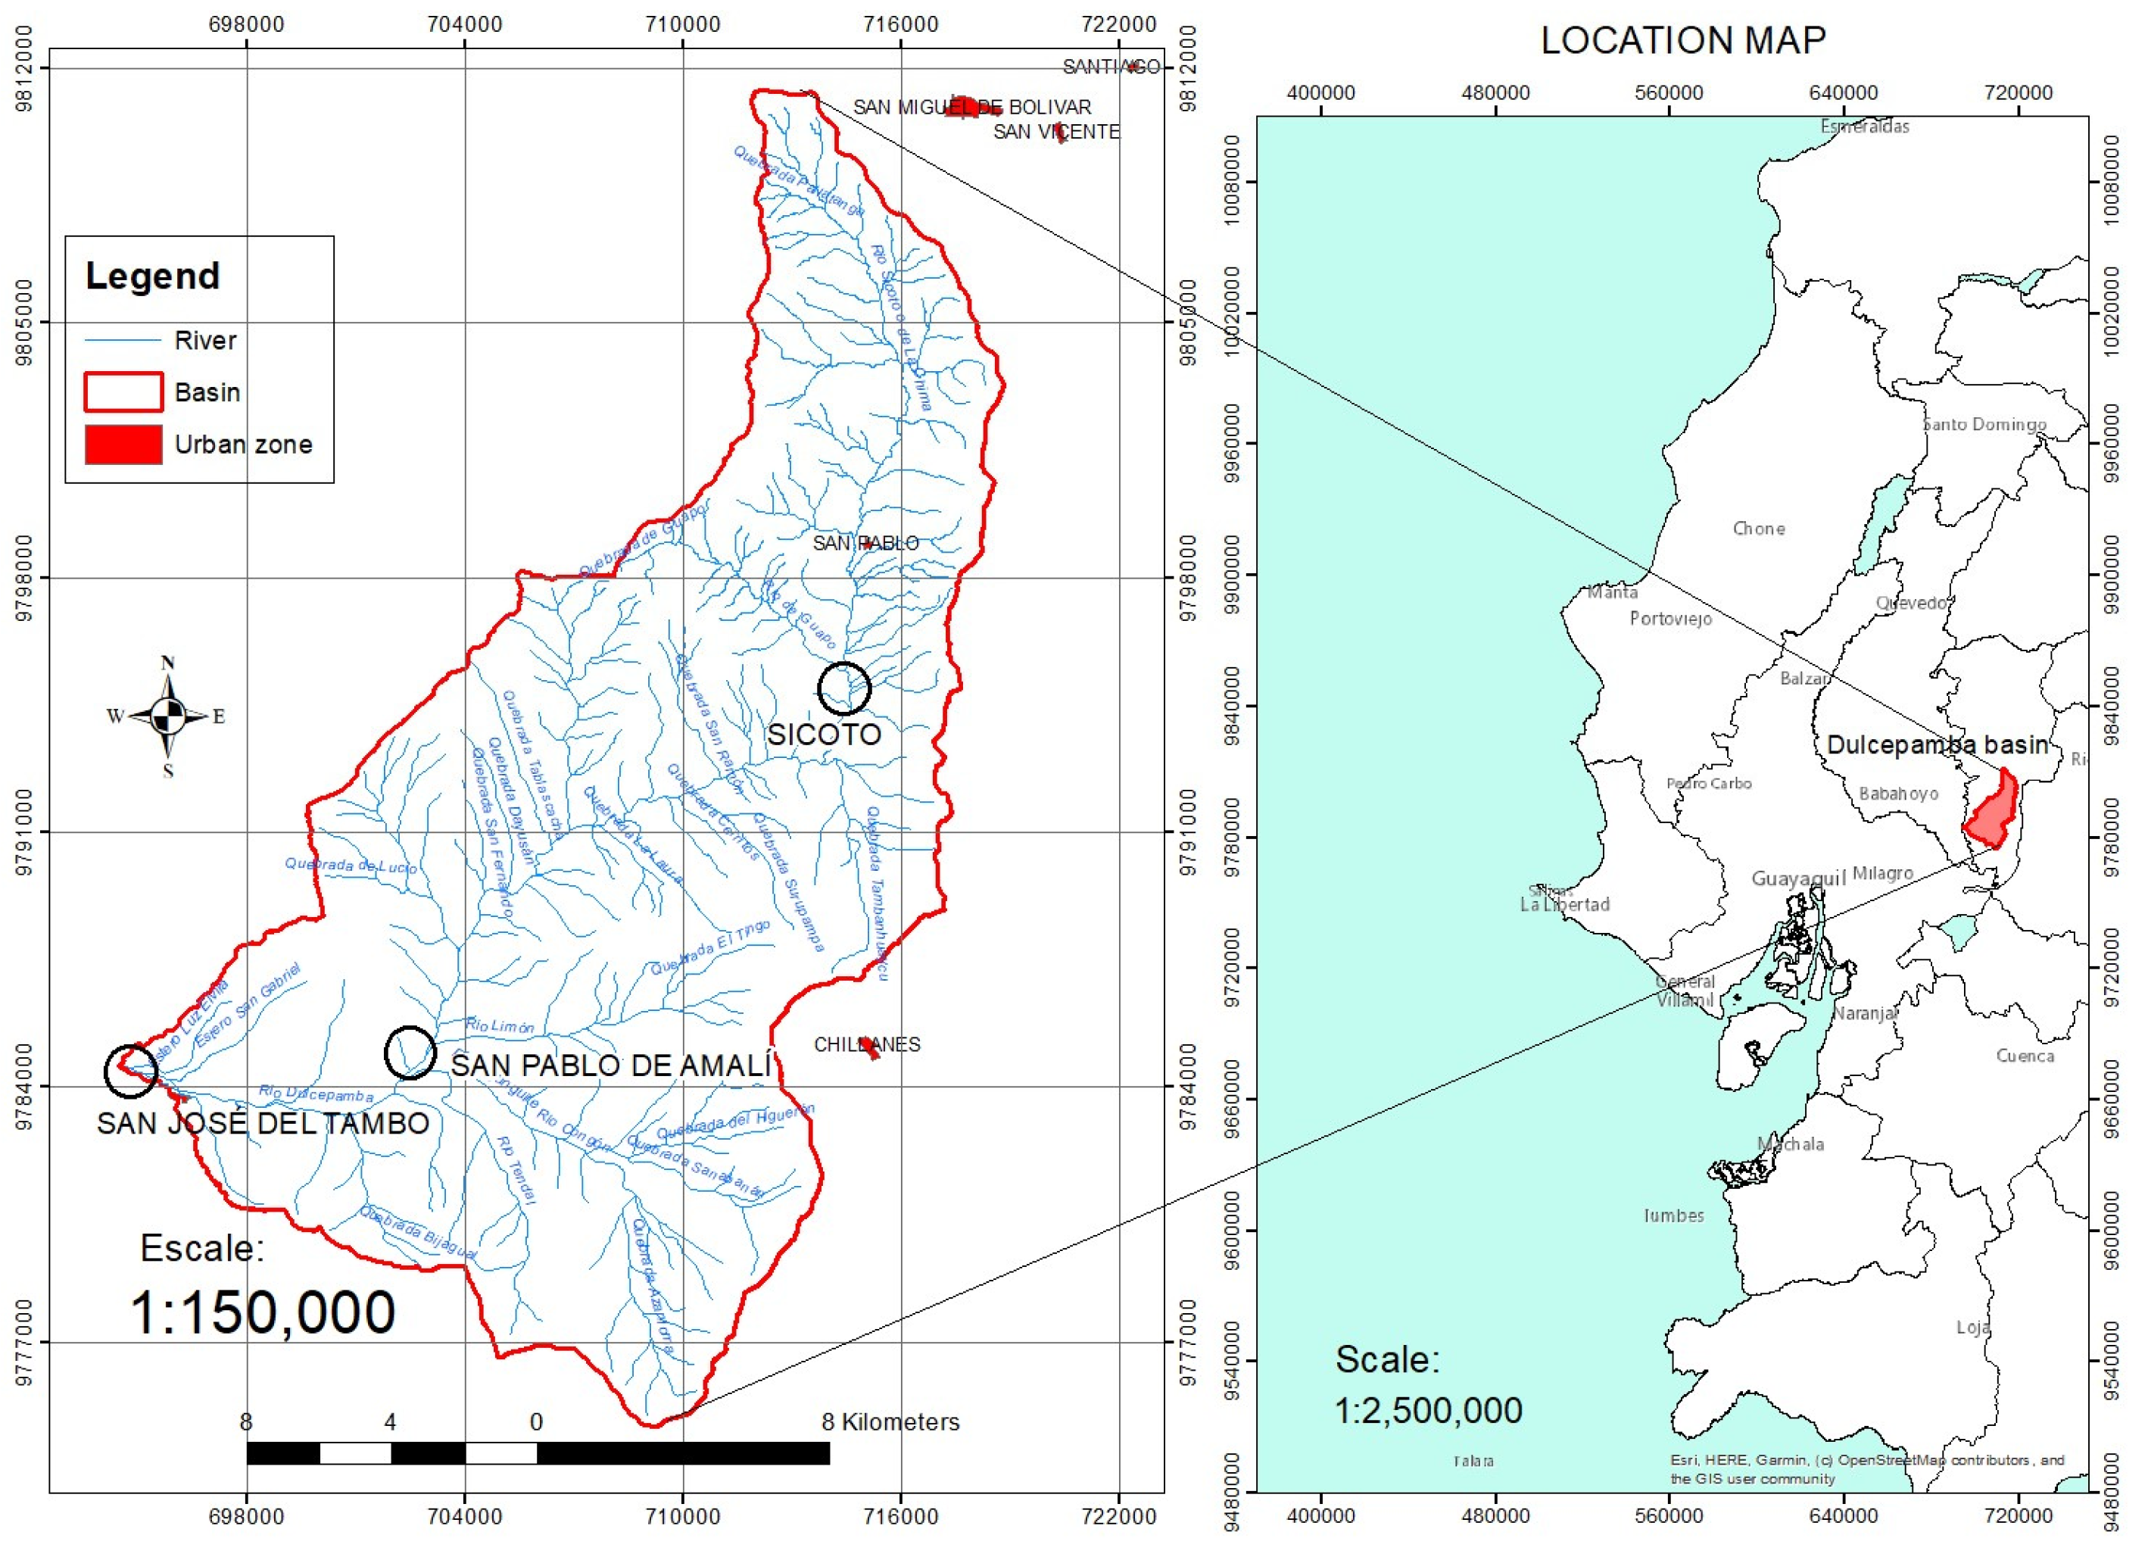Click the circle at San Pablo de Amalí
(x=410, y=1053)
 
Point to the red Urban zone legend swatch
(x=123, y=445)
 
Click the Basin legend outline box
(x=123, y=392)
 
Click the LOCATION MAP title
(x=1683, y=41)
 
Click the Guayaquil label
(x=1797, y=878)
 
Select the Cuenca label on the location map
(x=2025, y=1055)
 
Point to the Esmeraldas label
(x=1864, y=126)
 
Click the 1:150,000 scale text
(x=262, y=1313)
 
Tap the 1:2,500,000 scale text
(x=1427, y=1410)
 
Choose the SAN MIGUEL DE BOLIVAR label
(x=971, y=107)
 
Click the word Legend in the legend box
(x=152, y=276)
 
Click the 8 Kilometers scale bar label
(x=890, y=1421)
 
